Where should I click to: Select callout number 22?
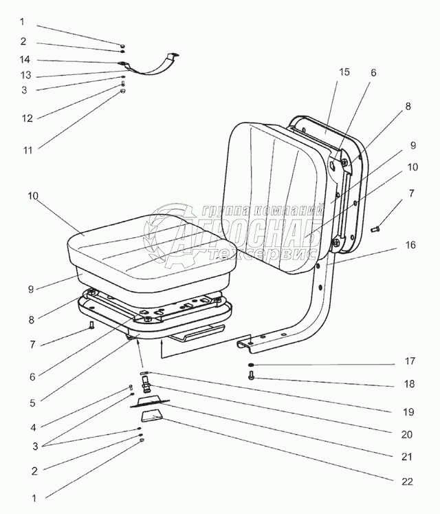pos(408,482)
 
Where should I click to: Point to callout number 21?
pos(408,456)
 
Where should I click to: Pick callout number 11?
pos(27,148)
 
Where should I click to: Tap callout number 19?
pos(408,413)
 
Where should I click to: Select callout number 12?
pos(27,118)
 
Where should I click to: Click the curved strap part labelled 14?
pos(153,66)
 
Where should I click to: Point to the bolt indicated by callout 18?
pos(252,376)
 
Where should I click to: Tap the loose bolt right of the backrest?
pos(375,228)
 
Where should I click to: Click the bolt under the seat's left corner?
pos(91,326)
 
